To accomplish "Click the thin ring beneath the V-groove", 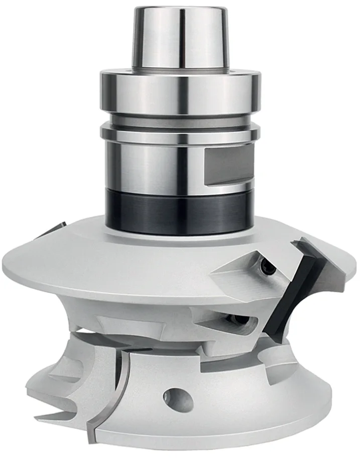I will click(181, 134).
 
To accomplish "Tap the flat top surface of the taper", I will click(181, 9).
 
